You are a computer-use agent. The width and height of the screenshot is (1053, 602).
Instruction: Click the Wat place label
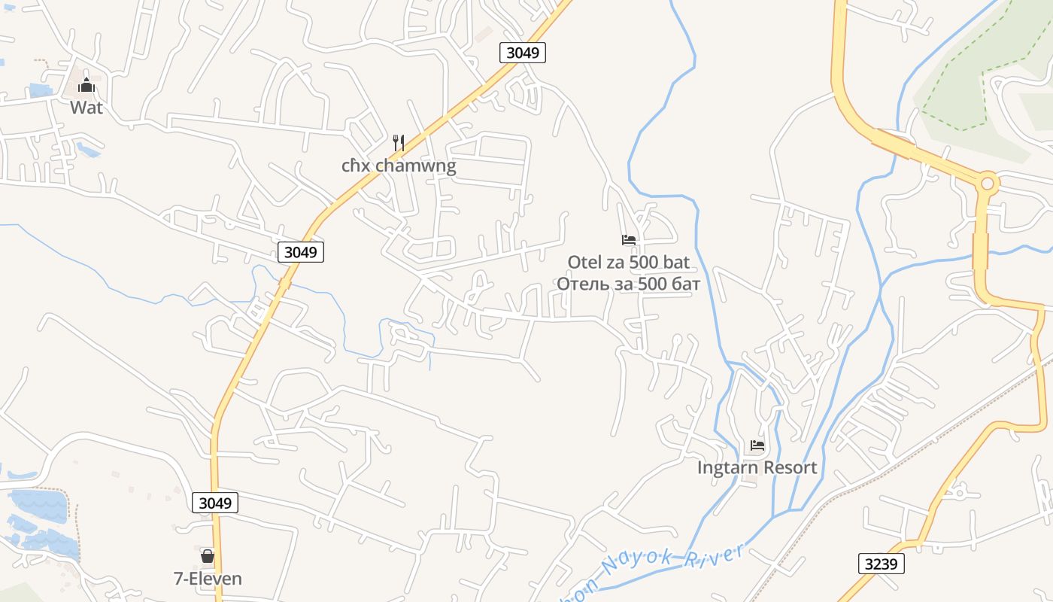coord(86,108)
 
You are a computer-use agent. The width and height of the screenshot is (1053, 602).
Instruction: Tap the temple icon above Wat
coord(86,84)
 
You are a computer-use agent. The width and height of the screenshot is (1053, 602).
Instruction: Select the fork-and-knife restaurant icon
coord(399,142)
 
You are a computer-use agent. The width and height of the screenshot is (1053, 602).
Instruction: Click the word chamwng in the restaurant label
coord(417,166)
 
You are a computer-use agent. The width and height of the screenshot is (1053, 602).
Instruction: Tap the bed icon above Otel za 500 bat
coord(629,240)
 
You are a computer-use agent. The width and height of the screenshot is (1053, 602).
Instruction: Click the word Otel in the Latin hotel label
coord(584,263)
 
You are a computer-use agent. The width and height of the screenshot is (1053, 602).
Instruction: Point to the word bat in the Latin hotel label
coord(676,263)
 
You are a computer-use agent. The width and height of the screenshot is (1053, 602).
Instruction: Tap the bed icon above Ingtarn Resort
coord(757,445)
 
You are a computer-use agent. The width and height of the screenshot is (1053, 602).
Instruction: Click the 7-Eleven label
coord(208,579)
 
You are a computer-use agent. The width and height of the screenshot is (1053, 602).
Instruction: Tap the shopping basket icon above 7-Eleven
coord(208,557)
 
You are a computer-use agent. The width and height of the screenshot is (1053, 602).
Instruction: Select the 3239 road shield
coord(881,564)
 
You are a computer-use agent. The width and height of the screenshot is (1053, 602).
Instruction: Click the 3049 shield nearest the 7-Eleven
coord(215,503)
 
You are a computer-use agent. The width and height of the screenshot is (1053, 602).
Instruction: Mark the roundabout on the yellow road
coord(988,183)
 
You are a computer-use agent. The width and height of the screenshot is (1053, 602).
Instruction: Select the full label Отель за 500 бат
coord(629,284)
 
